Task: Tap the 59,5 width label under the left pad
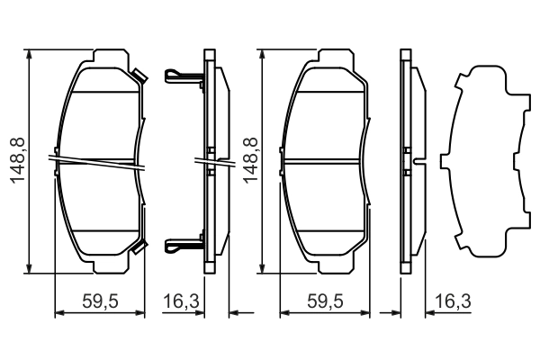click(x=100, y=301)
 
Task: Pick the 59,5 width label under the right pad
click(x=324, y=301)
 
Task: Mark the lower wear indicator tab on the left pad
click(x=139, y=245)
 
